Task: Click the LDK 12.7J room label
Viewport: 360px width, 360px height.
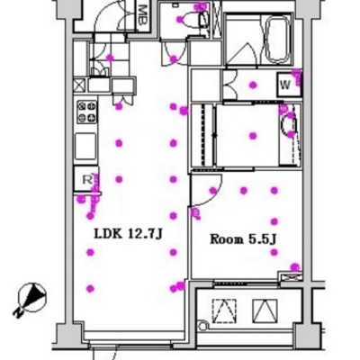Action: click(x=128, y=234)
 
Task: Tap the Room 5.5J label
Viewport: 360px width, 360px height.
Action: click(x=243, y=239)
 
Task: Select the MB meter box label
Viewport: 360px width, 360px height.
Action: click(x=143, y=15)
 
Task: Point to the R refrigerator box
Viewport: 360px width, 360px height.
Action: click(x=86, y=179)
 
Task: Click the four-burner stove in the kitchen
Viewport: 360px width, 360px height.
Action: click(x=87, y=112)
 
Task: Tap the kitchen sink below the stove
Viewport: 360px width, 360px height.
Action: click(x=85, y=147)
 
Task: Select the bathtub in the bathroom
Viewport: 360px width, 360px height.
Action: click(x=278, y=40)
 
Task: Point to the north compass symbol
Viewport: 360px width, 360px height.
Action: click(x=32, y=298)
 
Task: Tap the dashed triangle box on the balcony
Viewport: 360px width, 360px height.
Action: click(x=224, y=311)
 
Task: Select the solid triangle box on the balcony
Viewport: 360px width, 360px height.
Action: click(x=265, y=311)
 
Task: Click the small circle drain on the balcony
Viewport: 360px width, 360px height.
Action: click(x=202, y=325)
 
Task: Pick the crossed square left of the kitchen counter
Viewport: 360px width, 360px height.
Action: click(x=79, y=85)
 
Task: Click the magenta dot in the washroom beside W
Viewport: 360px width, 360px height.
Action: click(x=253, y=85)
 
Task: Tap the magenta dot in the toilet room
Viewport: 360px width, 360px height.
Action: click(x=179, y=20)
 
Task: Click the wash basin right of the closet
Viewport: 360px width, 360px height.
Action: click(x=289, y=125)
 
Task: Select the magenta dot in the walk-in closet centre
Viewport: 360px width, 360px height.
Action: click(x=253, y=136)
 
